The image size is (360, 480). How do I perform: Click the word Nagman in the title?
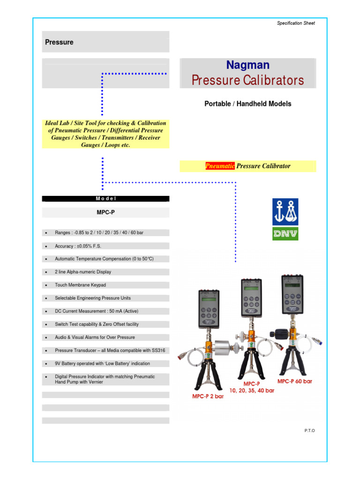pyautogui.click(x=247, y=65)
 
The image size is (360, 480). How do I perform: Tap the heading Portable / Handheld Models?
pyautogui.click(x=247, y=104)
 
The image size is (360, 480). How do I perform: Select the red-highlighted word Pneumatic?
pyautogui.click(x=220, y=166)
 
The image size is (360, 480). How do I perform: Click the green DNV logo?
pyautogui.click(x=285, y=233)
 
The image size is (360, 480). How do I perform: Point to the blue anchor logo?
pyautogui.click(x=285, y=211)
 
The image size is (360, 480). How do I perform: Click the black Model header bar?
pyautogui.click(x=105, y=199)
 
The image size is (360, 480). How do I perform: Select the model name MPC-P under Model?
pyautogui.click(x=105, y=212)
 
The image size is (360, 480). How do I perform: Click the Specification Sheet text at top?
pyautogui.click(x=295, y=23)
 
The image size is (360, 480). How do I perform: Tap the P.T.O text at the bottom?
pyautogui.click(x=309, y=430)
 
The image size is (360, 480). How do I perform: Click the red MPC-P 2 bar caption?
pyautogui.click(x=208, y=396)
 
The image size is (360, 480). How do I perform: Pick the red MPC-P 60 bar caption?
pyautogui.click(x=294, y=381)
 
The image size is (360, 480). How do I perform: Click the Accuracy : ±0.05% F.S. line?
pyautogui.click(x=78, y=246)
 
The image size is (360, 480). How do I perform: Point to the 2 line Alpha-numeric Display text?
pyautogui.click(x=83, y=272)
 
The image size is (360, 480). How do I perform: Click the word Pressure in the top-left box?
pyautogui.click(x=59, y=42)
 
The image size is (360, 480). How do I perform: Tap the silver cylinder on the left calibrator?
pyautogui.click(x=223, y=348)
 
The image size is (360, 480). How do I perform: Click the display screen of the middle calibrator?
pyautogui.click(x=251, y=288)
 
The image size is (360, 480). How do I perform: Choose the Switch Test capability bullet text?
pyautogui.click(x=97, y=324)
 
